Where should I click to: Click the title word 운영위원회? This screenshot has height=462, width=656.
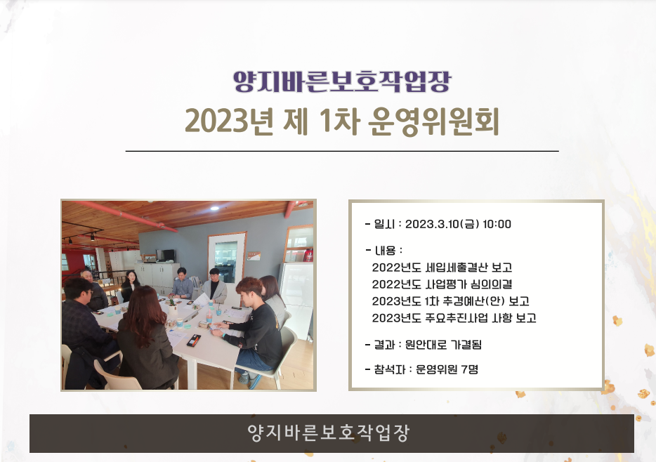click(x=433, y=121)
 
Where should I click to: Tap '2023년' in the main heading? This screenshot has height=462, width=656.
click(x=229, y=121)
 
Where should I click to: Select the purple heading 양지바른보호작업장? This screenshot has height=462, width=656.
click(x=342, y=81)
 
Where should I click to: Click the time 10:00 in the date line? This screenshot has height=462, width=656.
click(x=497, y=224)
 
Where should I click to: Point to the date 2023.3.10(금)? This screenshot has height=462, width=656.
click(x=442, y=224)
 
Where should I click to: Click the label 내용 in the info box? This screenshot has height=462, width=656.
click(x=386, y=251)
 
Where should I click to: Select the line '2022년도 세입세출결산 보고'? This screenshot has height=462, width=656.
click(x=442, y=268)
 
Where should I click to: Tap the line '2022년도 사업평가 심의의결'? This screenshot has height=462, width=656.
click(x=442, y=284)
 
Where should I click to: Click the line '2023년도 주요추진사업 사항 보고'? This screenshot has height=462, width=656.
click(x=454, y=318)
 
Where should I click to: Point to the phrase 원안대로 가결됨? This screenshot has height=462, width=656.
click(x=443, y=345)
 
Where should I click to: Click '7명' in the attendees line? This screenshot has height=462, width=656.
click(x=469, y=369)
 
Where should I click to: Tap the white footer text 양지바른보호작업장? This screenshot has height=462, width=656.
click(x=329, y=433)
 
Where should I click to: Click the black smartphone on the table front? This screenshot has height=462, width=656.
click(x=193, y=341)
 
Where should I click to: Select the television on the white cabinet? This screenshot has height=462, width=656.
click(x=165, y=255)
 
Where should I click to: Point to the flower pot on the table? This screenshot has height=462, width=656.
click(x=172, y=305)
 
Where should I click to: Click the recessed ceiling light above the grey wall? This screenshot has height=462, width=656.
click(x=215, y=208)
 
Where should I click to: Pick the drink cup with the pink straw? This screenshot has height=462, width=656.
click(x=209, y=316)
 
